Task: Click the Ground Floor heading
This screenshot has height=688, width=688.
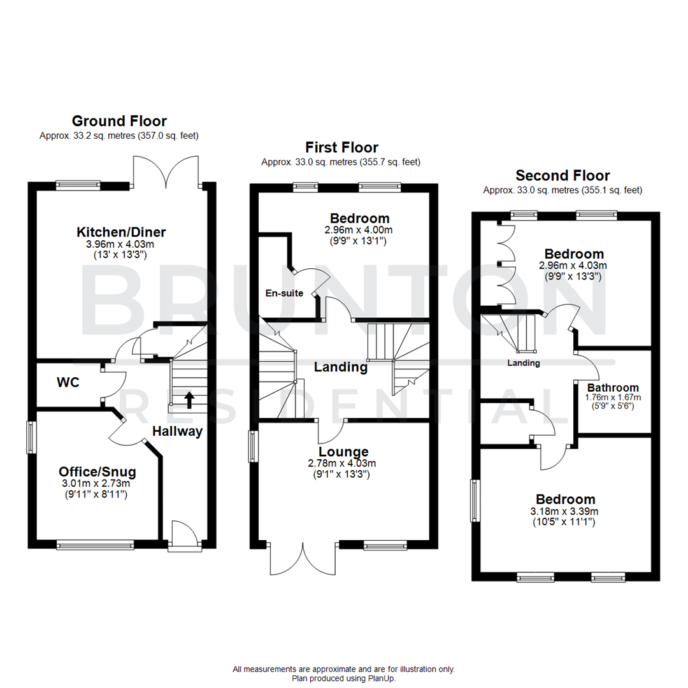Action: (119, 121)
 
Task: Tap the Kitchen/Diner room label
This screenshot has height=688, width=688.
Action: (122, 231)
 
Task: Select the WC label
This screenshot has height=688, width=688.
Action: (68, 383)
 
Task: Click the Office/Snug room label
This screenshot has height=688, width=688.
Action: (97, 472)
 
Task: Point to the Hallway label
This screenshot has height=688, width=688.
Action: (177, 431)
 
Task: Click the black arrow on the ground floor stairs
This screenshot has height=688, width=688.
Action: (189, 400)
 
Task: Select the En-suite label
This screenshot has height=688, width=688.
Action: (284, 294)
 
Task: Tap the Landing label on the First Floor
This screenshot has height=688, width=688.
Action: (340, 367)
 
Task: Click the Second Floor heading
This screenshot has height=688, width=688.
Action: (563, 175)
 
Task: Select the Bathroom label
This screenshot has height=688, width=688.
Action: (613, 387)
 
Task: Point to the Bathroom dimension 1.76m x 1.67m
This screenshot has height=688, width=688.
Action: (613, 397)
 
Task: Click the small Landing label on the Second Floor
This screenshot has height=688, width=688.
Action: (524, 363)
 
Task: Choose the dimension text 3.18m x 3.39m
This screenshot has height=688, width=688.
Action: (565, 511)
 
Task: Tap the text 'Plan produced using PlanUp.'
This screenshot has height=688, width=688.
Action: (343, 678)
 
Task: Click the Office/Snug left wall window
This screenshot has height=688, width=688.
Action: (30, 437)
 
